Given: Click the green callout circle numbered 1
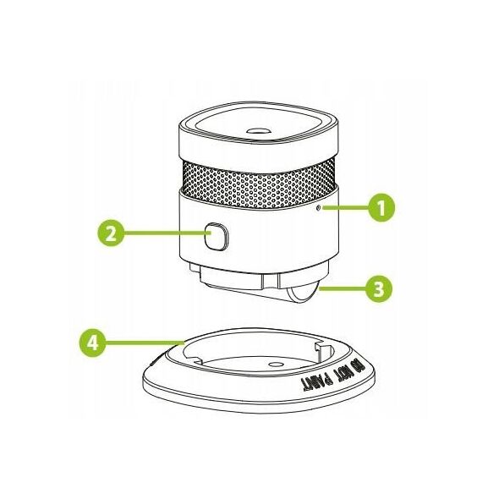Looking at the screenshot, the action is (381, 207).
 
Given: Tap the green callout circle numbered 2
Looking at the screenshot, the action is (111, 233).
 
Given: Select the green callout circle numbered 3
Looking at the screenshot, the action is (379, 288).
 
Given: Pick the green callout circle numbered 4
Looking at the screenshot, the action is (92, 343).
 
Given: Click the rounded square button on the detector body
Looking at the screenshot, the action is (216, 236).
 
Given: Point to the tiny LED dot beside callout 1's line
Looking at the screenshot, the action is (318, 208).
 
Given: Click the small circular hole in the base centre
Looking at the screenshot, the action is (276, 364).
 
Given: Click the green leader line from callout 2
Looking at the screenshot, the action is (165, 233).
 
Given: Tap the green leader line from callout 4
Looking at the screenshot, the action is (145, 343).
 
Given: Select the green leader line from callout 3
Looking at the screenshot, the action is (342, 288).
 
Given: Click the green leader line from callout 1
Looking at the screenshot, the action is (345, 208).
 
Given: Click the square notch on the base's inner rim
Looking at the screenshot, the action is (322, 348).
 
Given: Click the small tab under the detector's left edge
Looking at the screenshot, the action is (195, 267).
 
